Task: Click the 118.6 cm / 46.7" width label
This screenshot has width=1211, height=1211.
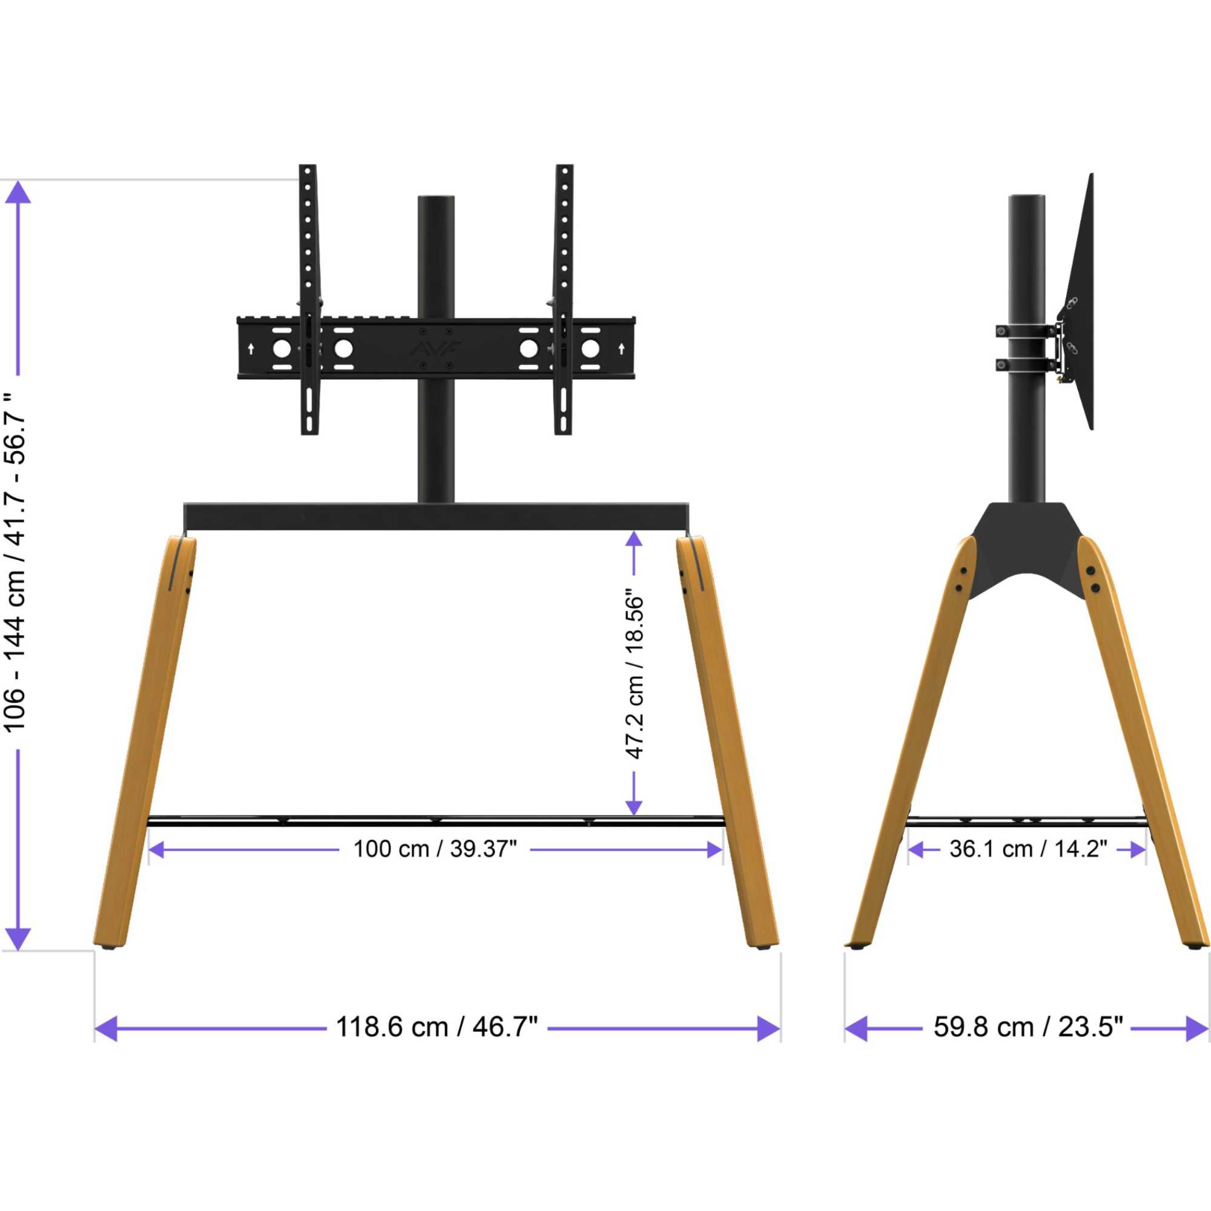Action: tap(437, 1028)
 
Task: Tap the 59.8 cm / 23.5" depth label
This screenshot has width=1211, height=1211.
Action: tap(1028, 1028)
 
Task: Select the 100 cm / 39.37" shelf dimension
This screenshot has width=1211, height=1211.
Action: tap(435, 850)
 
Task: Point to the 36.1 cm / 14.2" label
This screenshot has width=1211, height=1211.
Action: tap(1028, 850)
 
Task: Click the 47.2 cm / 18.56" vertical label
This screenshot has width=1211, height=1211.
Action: tap(635, 674)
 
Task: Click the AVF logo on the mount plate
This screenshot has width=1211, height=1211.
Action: tap(436, 349)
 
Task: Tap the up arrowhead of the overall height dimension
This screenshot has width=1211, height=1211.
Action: tap(18, 192)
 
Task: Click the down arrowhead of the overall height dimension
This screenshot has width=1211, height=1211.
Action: tap(18, 939)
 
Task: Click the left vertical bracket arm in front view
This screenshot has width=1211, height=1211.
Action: tap(308, 301)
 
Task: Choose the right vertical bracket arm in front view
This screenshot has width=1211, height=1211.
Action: tap(564, 301)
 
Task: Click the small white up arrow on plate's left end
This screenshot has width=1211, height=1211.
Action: tap(251, 349)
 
